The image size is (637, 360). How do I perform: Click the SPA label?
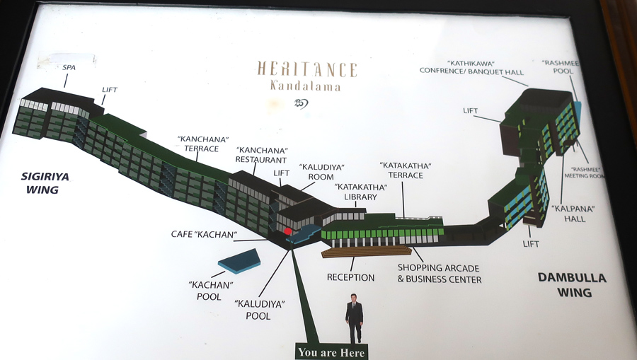tap(69, 67)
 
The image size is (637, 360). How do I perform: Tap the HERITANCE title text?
tap(306, 69)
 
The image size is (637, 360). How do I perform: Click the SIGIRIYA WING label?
tap(45, 183)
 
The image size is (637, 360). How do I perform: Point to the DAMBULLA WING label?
tap(572, 284)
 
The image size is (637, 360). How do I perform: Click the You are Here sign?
tap(331, 352)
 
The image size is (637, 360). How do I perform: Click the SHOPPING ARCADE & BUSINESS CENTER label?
tap(439, 273)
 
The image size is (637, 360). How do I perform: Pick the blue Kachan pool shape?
tap(239, 261)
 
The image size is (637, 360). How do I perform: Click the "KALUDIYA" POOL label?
tap(259, 310)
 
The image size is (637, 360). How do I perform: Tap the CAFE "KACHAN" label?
tap(204, 234)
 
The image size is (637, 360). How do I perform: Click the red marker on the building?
tap(288, 231)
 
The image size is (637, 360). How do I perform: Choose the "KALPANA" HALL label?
tap(573, 214)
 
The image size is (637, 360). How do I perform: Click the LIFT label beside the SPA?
tap(109, 90)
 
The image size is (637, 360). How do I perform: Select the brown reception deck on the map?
tap(367, 251)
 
